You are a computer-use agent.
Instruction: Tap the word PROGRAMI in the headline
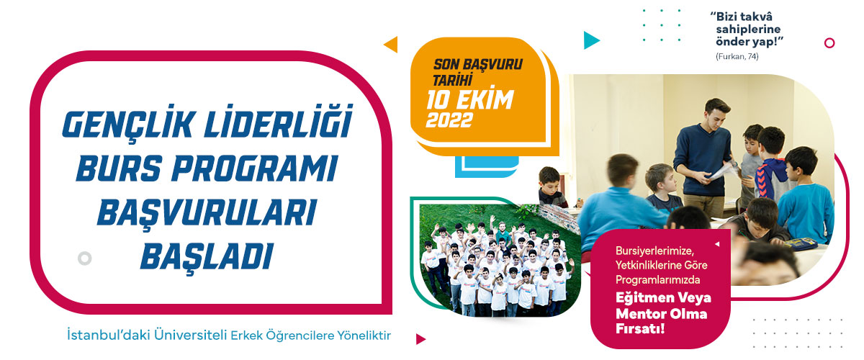[x=255, y=168]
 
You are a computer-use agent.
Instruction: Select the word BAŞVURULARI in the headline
[x=207, y=213]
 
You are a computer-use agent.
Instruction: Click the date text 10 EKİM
[x=470, y=99]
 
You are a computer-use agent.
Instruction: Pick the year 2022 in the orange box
[x=449, y=120]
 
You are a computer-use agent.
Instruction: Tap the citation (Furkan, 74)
[x=737, y=56]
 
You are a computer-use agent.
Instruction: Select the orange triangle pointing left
[x=391, y=44]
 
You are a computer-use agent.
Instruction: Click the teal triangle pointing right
[x=591, y=40]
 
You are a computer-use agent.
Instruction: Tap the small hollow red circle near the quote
[x=829, y=42]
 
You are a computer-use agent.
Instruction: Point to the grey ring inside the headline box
[x=84, y=258]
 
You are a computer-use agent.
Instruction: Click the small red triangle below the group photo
[x=420, y=339]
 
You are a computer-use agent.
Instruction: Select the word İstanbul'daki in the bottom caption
[x=109, y=335]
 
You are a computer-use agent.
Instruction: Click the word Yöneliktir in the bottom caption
[x=364, y=336]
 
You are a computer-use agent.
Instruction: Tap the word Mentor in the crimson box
[x=641, y=314]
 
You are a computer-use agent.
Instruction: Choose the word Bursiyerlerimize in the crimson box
[x=654, y=251]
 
